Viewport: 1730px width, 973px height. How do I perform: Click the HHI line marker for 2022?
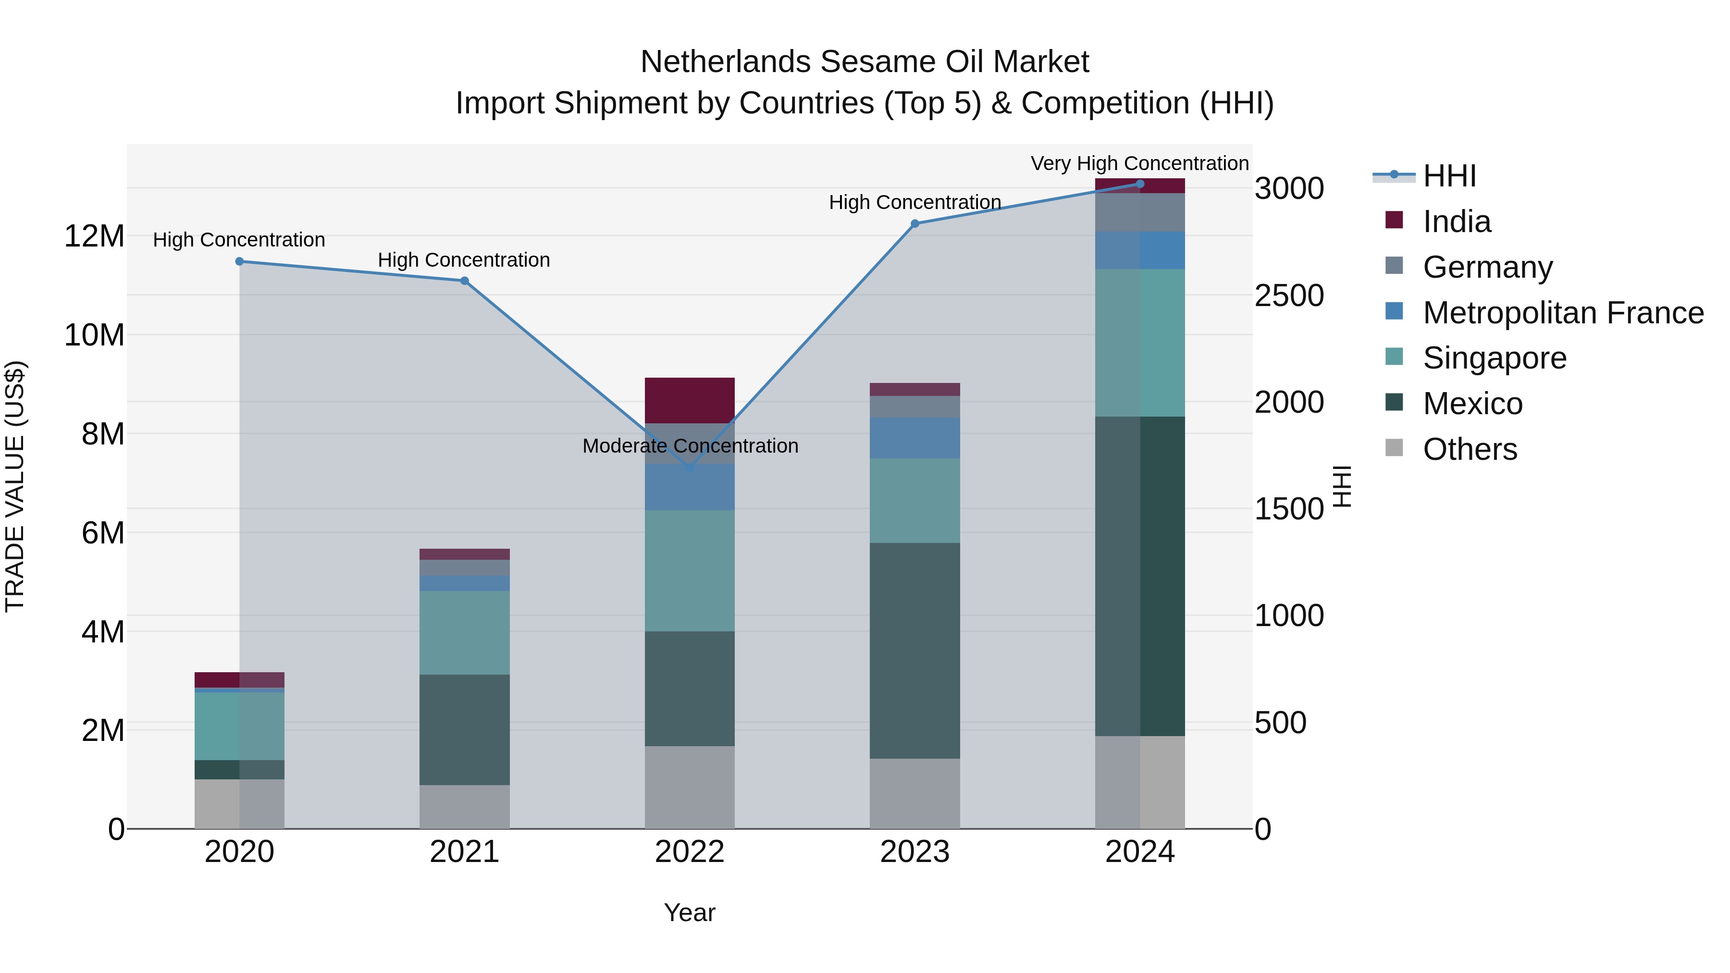point(690,468)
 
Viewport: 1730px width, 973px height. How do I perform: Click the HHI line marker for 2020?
point(239,261)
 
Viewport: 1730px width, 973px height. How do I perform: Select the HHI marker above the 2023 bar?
point(914,223)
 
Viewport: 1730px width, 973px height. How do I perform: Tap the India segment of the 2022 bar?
point(690,400)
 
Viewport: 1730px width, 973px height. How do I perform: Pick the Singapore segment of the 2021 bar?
point(464,632)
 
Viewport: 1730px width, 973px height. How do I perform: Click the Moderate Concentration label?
point(690,446)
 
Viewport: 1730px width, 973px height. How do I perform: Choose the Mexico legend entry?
point(1472,404)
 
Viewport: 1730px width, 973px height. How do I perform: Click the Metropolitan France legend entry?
point(1563,313)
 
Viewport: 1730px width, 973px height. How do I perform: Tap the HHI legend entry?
point(1449,176)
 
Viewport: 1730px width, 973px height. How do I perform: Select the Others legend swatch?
point(1394,448)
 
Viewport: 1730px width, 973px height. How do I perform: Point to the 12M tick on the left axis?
point(94,236)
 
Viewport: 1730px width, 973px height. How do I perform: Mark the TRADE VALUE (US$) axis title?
point(15,486)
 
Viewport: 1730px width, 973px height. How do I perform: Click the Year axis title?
point(689,912)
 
